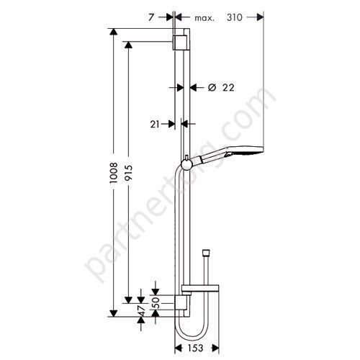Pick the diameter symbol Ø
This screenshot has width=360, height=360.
click(212, 88)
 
